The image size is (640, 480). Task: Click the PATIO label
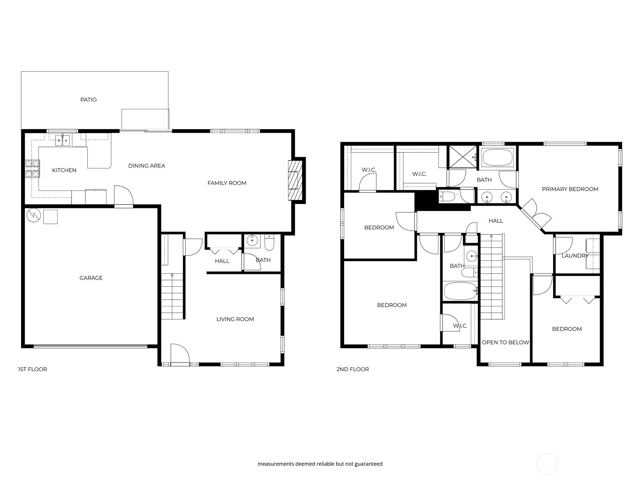pyautogui.click(x=88, y=100)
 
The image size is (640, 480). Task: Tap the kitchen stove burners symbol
pyautogui.click(x=32, y=168)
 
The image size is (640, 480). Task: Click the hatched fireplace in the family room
pyautogui.click(x=295, y=180)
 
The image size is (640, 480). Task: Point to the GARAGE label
pyautogui.click(x=91, y=278)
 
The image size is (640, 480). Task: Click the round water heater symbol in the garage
pyautogui.click(x=34, y=216)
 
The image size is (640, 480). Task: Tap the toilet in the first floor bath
pyautogui.click(x=269, y=243)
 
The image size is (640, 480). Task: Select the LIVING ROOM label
pyautogui.click(x=235, y=319)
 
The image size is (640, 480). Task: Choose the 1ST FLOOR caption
pyautogui.click(x=32, y=369)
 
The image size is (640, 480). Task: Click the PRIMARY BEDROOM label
pyautogui.click(x=570, y=189)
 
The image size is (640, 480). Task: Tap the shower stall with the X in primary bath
pyautogui.click(x=463, y=157)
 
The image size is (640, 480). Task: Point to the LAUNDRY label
pyautogui.click(x=575, y=256)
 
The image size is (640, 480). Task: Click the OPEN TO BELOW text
pyautogui.click(x=505, y=342)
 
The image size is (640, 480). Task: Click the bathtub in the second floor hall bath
pyautogui.click(x=460, y=291)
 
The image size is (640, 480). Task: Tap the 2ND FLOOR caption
pyautogui.click(x=352, y=369)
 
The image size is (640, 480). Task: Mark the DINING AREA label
pyautogui.click(x=146, y=166)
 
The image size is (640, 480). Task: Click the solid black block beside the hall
pyautogui.click(x=425, y=200)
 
